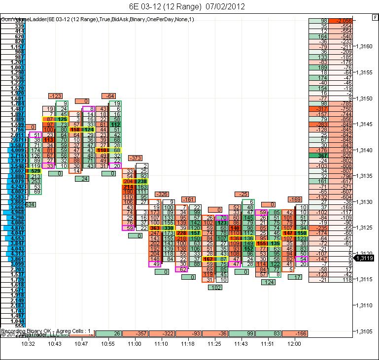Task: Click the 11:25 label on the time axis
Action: pos(214,343)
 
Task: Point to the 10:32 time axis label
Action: pos(28,343)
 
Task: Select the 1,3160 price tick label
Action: pos(365,47)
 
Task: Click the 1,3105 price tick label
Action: pos(365,331)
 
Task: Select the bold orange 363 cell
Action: pos(154,228)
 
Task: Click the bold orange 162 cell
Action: pos(208,259)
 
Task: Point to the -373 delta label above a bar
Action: pos(135,158)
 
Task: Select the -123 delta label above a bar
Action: pos(55,96)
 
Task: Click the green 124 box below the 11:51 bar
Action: pos(269,282)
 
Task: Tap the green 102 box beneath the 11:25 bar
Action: pos(215,287)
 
